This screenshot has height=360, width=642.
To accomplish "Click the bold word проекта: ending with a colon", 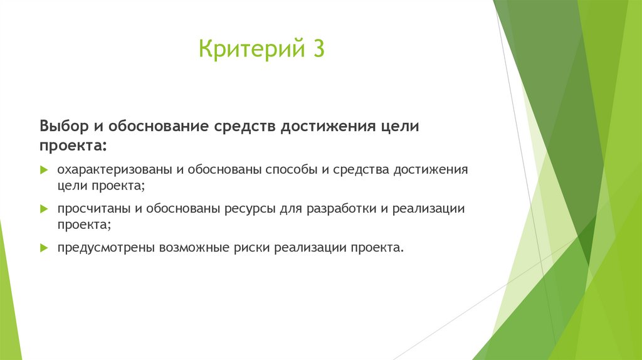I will (x=73, y=146).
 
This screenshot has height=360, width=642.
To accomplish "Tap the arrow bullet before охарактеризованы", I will (x=44, y=171).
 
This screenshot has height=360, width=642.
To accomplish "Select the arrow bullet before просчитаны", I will (x=44, y=208).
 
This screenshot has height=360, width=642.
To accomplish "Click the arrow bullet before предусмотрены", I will (x=44, y=247).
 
